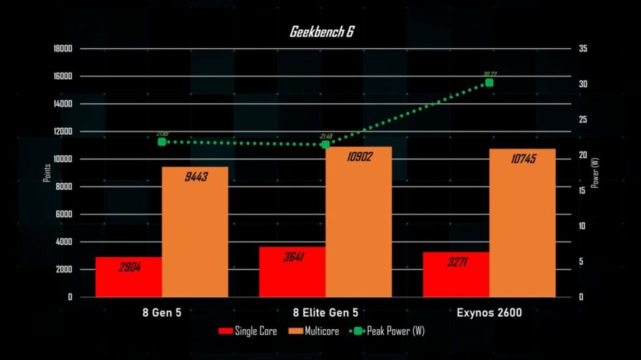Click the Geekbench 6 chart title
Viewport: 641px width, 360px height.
321,32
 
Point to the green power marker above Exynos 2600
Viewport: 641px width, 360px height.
489,83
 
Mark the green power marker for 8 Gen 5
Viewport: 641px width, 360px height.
162,142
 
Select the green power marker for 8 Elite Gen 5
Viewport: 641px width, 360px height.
326,145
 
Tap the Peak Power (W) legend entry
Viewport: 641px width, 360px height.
387,331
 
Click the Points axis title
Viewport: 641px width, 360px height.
47,173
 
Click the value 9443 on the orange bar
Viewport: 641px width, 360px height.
196,177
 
